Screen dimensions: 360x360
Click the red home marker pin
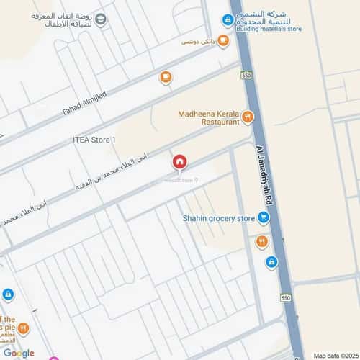tap(179, 162)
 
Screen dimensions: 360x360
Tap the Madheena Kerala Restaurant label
tap(208, 118)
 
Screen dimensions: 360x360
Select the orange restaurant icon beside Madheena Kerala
tap(248, 116)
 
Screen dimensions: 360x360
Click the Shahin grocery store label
tap(218, 217)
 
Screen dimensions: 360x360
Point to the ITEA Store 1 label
tap(94, 139)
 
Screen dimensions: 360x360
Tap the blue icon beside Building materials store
tap(228, 19)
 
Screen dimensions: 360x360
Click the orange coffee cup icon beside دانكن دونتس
tap(222, 41)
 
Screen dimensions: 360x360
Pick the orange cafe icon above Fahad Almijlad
tap(166, 76)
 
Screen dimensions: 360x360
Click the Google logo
tap(18, 353)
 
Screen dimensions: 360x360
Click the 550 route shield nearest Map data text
tap(286, 298)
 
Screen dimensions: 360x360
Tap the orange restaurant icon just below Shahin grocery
tap(261, 241)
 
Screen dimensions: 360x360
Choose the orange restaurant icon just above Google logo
tap(24, 328)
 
